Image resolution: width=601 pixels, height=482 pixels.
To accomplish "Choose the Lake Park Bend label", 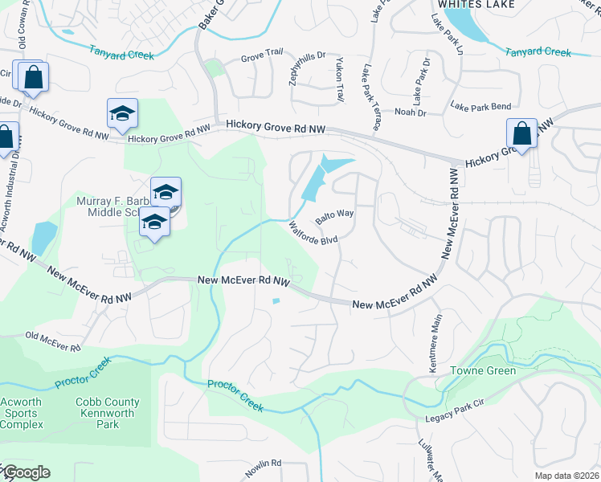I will click(x=481, y=106).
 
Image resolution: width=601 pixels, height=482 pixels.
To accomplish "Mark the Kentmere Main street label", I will click(x=437, y=337).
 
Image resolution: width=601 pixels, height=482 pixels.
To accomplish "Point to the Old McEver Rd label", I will click(x=53, y=341).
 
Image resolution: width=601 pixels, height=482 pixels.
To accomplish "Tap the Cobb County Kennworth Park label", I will click(x=108, y=413).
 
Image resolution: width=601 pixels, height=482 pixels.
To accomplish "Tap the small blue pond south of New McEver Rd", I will click(x=276, y=301).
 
